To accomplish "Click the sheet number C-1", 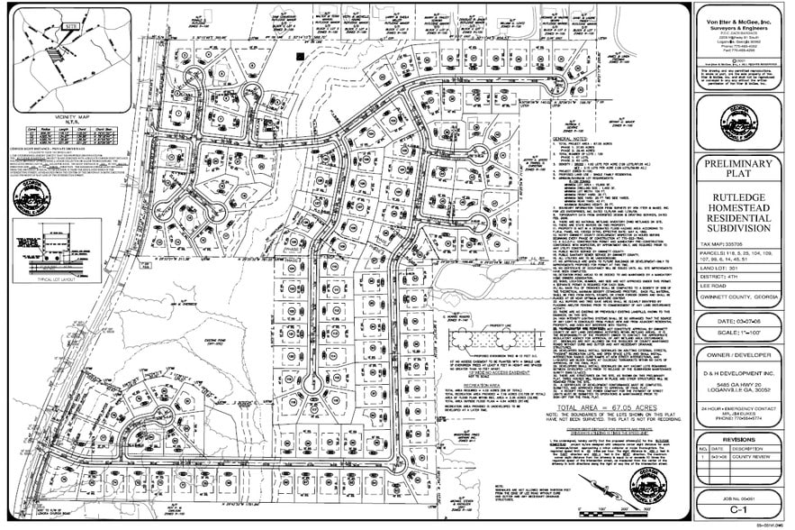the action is click(737, 509).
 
